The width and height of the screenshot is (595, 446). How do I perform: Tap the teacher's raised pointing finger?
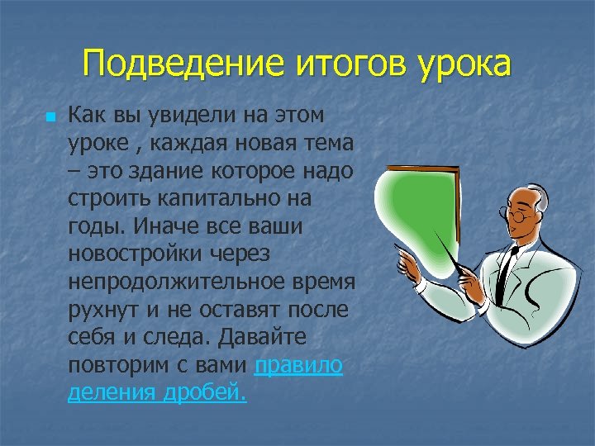405,260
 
